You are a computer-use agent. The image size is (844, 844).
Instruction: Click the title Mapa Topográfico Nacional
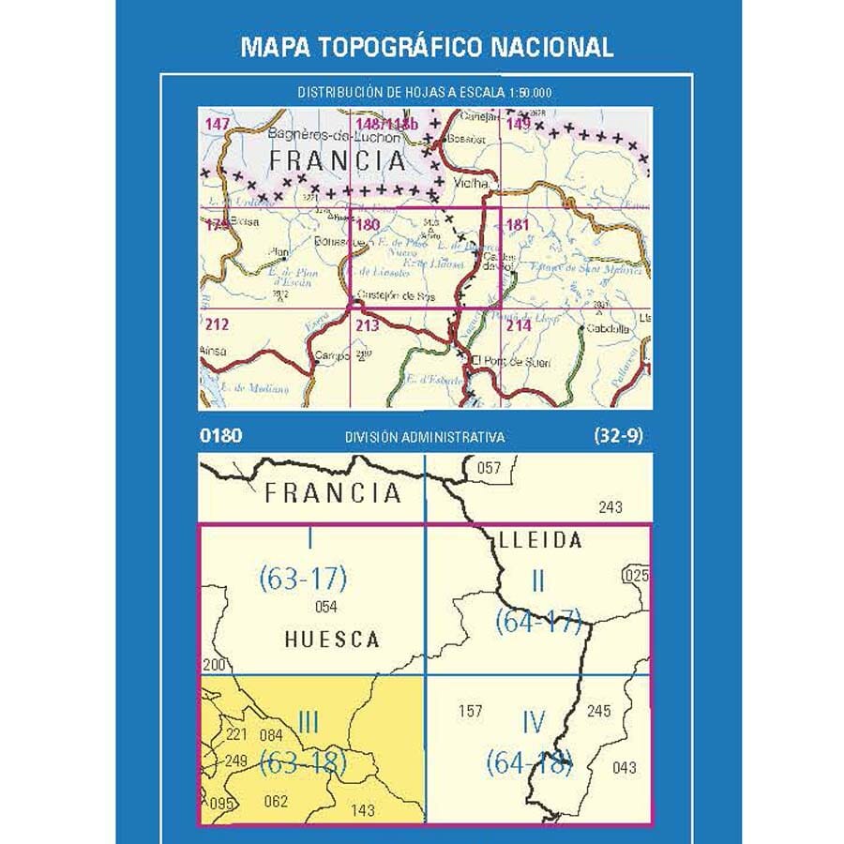[x=427, y=47]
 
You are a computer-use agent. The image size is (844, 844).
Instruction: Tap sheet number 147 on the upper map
[x=217, y=124]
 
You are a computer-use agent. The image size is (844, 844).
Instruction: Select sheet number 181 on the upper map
[x=518, y=225]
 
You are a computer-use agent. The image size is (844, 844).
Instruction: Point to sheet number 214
[x=519, y=326]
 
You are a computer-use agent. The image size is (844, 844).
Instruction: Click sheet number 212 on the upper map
[x=217, y=326]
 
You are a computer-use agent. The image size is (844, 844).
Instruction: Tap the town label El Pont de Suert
[x=512, y=362]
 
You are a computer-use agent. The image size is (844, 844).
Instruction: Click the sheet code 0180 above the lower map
[x=221, y=435]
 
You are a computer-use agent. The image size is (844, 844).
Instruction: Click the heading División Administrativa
[x=425, y=437]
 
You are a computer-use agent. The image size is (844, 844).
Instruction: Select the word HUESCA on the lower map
[x=332, y=640]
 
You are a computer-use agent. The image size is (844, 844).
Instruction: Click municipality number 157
[x=470, y=711]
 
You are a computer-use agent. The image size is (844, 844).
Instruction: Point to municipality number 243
[x=610, y=507]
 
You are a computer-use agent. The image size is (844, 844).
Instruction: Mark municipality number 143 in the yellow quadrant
[x=362, y=810]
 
